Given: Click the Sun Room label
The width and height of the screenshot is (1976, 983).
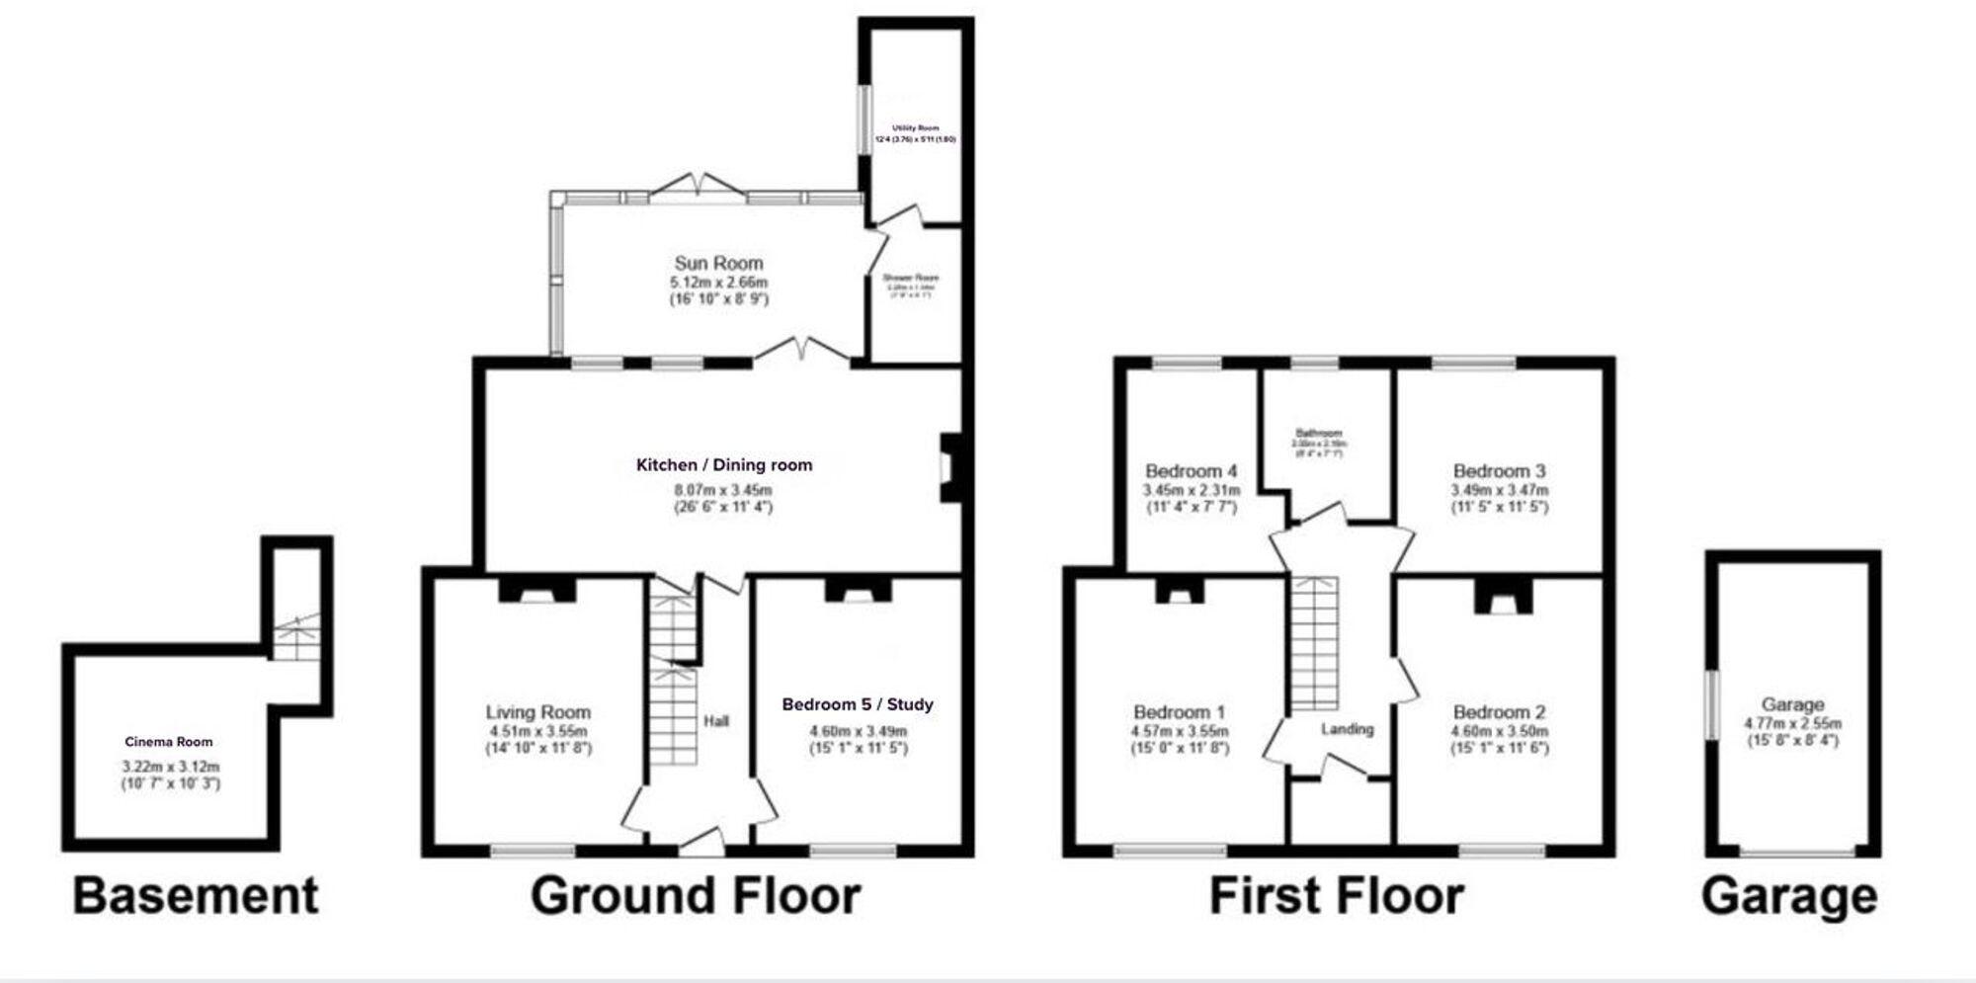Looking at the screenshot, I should tap(718, 263).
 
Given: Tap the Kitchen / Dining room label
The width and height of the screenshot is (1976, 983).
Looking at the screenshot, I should tap(724, 464).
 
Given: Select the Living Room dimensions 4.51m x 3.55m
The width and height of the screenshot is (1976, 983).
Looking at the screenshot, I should tap(537, 731).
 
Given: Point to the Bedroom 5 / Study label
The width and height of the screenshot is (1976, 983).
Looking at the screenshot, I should tap(857, 704).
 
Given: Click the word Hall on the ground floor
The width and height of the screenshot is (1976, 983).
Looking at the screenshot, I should tap(716, 721).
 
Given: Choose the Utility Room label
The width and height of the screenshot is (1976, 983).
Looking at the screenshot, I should tap(916, 128).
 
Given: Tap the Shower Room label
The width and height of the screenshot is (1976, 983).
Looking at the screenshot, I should tap(911, 279).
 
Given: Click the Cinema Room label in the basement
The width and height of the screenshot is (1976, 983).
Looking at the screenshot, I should tap(169, 742).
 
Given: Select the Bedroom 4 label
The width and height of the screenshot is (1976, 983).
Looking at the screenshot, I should tap(1191, 471).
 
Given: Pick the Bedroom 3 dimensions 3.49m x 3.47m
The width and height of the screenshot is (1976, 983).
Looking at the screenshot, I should tap(1499, 490).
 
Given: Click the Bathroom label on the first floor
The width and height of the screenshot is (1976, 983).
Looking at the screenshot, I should tap(1319, 434).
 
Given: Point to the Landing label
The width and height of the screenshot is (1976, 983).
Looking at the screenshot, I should tap(1348, 729).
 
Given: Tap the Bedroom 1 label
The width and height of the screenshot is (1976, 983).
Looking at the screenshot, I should tap(1179, 712).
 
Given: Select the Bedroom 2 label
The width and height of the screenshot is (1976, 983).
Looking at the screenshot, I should tap(1499, 712).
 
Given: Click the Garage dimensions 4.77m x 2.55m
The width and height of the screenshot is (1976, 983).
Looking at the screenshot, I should tap(1792, 723).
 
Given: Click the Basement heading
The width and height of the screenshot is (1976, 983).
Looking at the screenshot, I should tap(196, 896).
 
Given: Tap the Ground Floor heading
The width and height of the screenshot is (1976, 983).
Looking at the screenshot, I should tap(696, 896).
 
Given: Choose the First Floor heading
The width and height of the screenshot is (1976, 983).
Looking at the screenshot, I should tap(1336, 896).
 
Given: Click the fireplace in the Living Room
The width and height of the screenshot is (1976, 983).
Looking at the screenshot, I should tap(536, 590).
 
